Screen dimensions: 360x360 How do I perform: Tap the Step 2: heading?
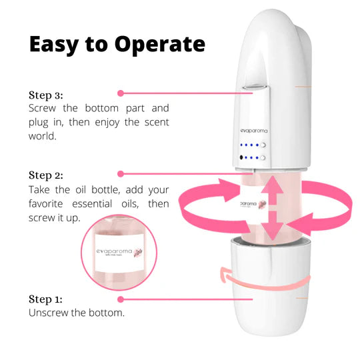coord(46,175)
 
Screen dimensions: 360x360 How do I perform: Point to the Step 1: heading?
coord(46,299)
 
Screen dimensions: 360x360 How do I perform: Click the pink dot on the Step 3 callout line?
coord(120,93)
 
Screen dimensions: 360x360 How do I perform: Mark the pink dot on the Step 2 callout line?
coord(121,174)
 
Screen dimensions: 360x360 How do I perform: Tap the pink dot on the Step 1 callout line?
coord(121,299)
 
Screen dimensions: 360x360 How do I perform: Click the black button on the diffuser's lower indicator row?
coord(239,158)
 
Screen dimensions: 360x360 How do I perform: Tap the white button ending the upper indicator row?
coord(265,145)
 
